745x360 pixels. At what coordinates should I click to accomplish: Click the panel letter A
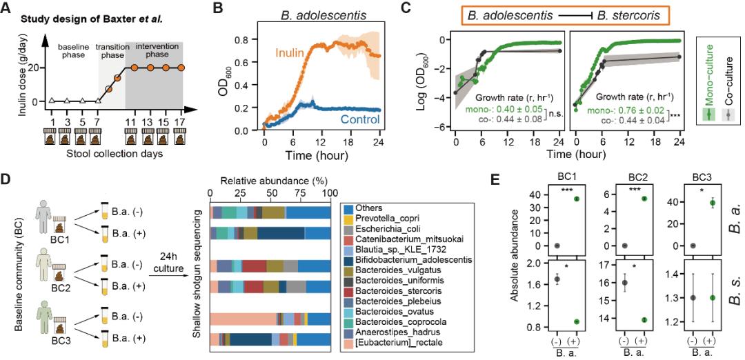(7, 9)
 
